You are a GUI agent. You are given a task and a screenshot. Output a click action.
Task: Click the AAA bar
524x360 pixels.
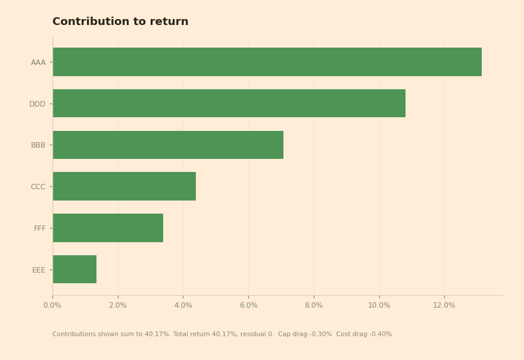[267, 62]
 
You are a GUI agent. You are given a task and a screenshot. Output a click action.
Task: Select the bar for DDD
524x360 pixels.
[229, 103]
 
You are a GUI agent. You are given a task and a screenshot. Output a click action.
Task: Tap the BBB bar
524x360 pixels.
[168, 145]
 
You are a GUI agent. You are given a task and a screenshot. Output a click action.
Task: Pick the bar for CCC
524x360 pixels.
[124, 186]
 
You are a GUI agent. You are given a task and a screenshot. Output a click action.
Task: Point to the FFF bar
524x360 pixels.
[108, 228]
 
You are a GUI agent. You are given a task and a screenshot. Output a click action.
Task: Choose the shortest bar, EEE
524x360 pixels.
[74, 269]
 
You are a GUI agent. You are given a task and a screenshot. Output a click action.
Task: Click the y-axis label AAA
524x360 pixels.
[38, 62]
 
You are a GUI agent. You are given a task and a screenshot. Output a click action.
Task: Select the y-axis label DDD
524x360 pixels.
[38, 104]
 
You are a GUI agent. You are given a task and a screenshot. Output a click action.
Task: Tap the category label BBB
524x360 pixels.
[38, 145]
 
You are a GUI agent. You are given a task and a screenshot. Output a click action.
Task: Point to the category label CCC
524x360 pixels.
[38, 187]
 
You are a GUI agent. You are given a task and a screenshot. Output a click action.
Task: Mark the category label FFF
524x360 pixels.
[40, 228]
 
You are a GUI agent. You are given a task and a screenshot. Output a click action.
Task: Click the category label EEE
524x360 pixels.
[39, 270]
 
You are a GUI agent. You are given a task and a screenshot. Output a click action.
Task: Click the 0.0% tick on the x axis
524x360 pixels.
[52, 305]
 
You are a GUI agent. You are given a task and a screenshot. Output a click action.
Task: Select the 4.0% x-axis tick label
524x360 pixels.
[183, 305]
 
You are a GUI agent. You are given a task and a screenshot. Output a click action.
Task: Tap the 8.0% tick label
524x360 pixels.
[314, 305]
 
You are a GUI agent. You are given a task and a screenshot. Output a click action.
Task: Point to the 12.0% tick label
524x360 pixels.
[444, 305]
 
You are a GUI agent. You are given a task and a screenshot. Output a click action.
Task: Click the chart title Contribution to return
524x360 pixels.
[120, 21]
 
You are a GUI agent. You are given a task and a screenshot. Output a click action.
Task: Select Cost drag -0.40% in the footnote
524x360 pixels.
[364, 334]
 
